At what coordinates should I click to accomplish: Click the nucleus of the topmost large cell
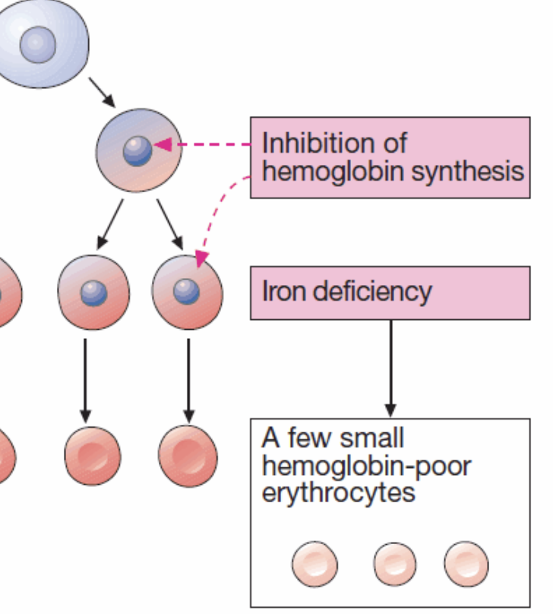[x=37, y=42]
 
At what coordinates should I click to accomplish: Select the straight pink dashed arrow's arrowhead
[x=160, y=144]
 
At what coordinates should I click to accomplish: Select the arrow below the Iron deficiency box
[x=390, y=365]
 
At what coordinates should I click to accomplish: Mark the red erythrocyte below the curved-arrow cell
[x=188, y=455]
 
